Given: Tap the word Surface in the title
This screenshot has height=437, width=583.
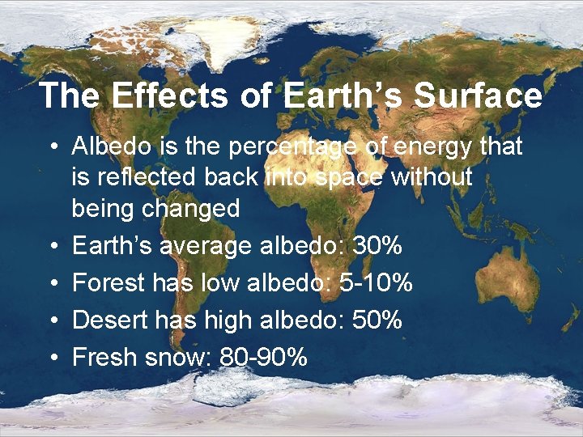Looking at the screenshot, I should point(479,95).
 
